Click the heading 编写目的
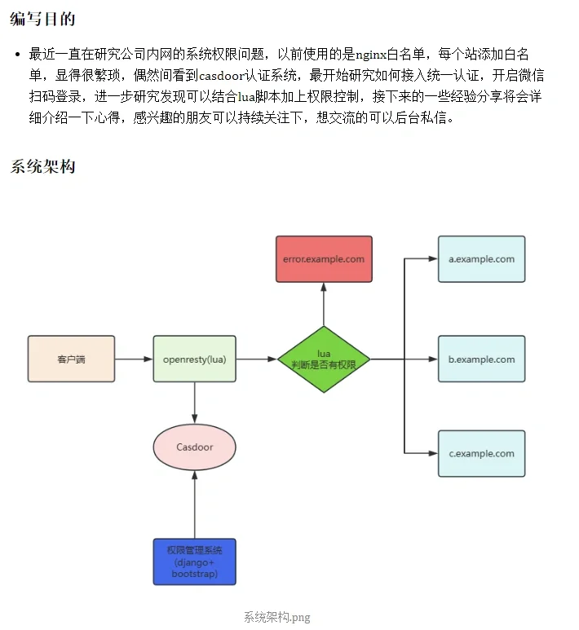click(42, 18)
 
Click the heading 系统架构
click(42, 166)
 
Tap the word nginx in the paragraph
click(372, 55)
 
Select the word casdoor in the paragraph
click(225, 76)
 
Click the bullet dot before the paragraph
click(17, 55)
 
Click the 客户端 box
click(71, 359)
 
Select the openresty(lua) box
click(194, 359)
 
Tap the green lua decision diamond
click(324, 359)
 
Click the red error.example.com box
click(324, 259)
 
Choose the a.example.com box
click(481, 259)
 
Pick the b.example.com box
click(481, 359)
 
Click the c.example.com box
click(481, 453)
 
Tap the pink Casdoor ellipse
click(194, 447)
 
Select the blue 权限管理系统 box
click(194, 562)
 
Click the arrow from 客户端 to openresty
click(134, 359)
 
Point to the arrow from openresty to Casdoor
click(194, 403)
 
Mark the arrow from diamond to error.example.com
click(324, 306)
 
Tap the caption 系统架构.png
click(276, 617)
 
